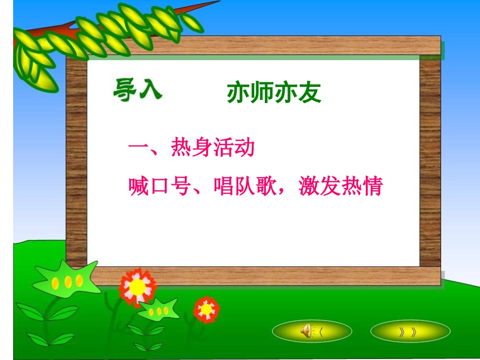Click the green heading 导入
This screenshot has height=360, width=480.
pos(136,90)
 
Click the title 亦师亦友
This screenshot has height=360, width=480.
pos(274,93)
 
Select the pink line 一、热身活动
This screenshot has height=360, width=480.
pos(190,148)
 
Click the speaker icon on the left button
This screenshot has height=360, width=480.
pos(306,331)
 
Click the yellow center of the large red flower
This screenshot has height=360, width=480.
pos(137,287)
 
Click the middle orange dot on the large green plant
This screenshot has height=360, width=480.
pos(67,282)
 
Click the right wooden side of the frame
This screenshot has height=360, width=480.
pos(430,162)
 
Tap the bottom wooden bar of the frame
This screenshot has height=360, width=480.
pos(263,276)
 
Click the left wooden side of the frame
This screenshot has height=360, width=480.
pos(76,162)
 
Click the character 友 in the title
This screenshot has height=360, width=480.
pos(310,93)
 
